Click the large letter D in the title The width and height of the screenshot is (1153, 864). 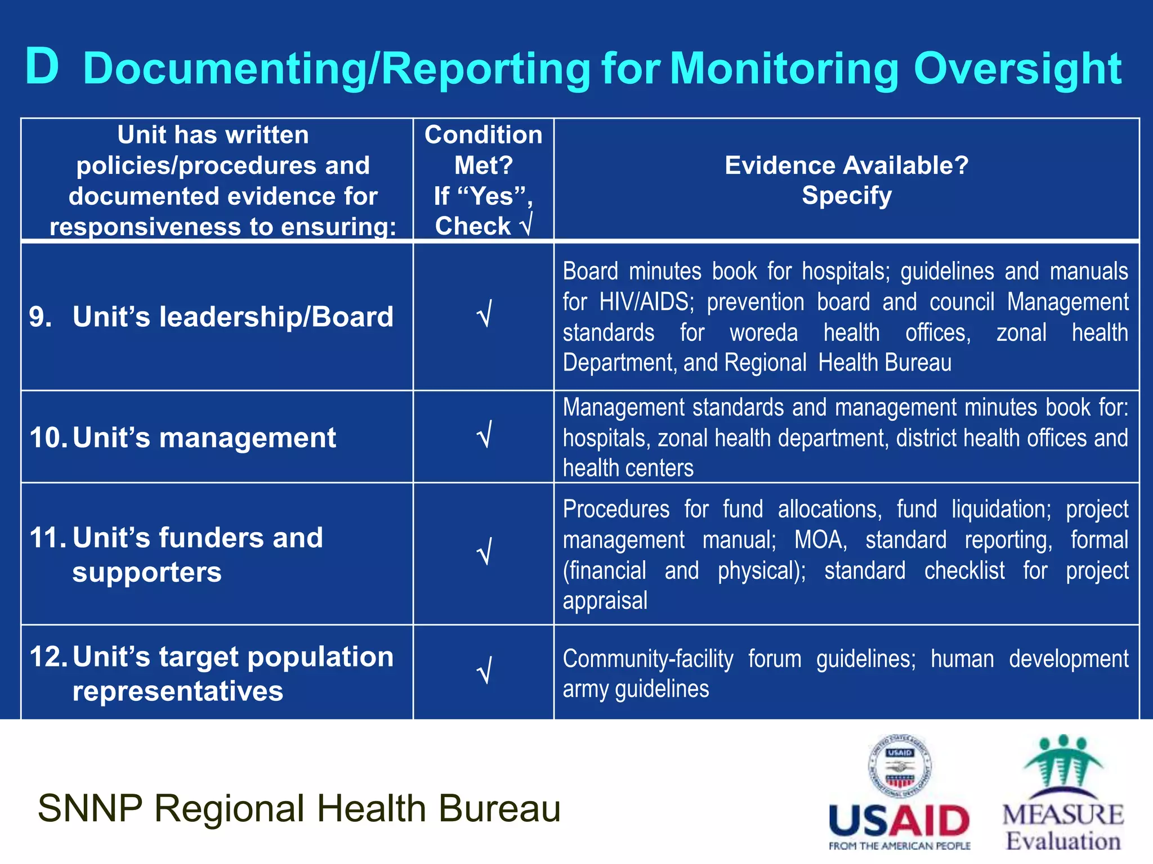pos(42,67)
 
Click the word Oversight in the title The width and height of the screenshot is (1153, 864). pos(1018,69)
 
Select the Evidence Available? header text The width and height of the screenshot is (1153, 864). pos(846,165)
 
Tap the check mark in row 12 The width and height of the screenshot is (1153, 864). pos(484,670)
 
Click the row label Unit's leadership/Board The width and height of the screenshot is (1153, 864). pos(233,317)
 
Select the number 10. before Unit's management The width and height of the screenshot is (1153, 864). pos(48,438)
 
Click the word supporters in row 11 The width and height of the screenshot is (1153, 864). pos(147,573)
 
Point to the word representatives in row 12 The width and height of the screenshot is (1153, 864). pos(177,691)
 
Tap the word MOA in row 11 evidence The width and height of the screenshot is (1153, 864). pos(820,540)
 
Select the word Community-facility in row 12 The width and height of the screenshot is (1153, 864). pos(648,659)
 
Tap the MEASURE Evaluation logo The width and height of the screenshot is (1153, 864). pos(1062,793)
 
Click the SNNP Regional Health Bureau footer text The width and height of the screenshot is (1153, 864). pos(299,808)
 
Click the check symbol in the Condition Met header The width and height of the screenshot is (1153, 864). pos(526,226)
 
